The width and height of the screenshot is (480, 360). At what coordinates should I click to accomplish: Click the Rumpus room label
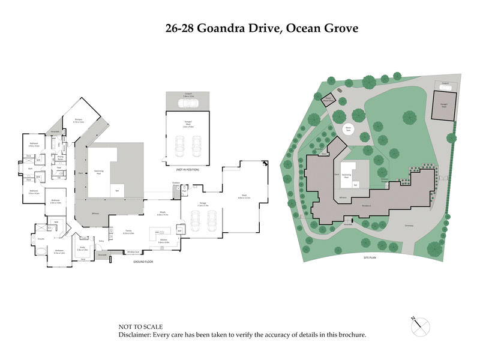79,121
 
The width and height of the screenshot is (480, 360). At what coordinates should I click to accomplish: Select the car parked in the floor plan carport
187,103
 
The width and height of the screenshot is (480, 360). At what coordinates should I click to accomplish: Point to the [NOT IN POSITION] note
187,170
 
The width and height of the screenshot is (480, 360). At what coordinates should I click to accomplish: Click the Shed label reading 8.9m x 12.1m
244,196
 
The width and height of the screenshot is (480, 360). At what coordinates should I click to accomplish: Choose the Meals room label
163,213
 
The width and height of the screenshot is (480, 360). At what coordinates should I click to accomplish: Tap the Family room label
128,231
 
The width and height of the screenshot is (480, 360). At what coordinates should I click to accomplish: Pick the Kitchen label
163,241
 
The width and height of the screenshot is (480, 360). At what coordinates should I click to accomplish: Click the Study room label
81,248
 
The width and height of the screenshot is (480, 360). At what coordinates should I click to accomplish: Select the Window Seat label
133,252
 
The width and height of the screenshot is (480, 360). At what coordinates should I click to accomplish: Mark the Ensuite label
42,239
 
